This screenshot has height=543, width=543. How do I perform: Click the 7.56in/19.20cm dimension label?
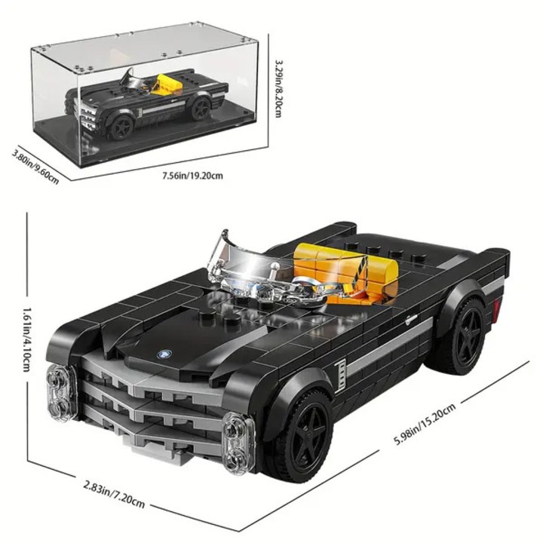click(192, 176)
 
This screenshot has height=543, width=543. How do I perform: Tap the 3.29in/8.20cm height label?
click(279, 89)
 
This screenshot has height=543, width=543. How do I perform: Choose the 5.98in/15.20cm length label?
click(425, 423)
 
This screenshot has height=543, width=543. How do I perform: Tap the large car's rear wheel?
click(466, 336)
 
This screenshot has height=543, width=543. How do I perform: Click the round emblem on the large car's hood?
click(162, 354)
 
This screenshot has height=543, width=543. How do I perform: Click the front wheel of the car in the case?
click(122, 127)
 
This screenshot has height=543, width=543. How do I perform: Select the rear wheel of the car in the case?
click(201, 109)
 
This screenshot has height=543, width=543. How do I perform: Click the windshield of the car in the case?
click(130, 78)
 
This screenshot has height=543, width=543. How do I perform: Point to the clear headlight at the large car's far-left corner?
click(62, 394)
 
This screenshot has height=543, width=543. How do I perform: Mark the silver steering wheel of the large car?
click(304, 283)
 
